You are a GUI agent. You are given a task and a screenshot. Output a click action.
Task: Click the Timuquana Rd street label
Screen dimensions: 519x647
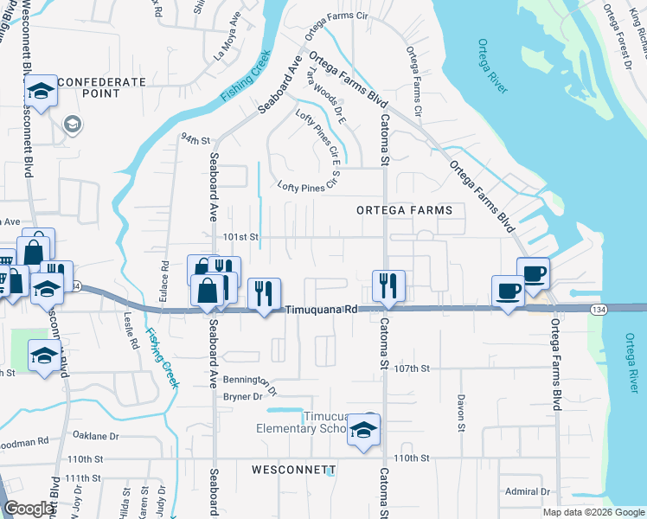pyautogui.click(x=321, y=309)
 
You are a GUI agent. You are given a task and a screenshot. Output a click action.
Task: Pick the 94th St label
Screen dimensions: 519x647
pyautogui.click(x=195, y=139)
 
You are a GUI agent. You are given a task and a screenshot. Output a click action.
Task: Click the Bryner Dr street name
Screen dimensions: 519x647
pyautogui.click(x=243, y=396)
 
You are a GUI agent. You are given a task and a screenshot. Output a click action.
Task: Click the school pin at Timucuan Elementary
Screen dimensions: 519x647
pyautogui.click(x=364, y=430)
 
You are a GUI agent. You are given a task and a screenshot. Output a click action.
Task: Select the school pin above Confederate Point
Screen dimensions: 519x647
pyautogui.click(x=40, y=90)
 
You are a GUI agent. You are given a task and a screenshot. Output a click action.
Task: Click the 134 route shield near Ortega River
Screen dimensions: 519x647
pyautogui.click(x=597, y=309)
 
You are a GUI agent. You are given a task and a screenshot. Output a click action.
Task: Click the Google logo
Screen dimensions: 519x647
pyautogui.click(x=29, y=509)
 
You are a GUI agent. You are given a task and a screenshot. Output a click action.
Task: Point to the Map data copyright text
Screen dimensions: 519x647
pyautogui.click(x=592, y=512)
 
